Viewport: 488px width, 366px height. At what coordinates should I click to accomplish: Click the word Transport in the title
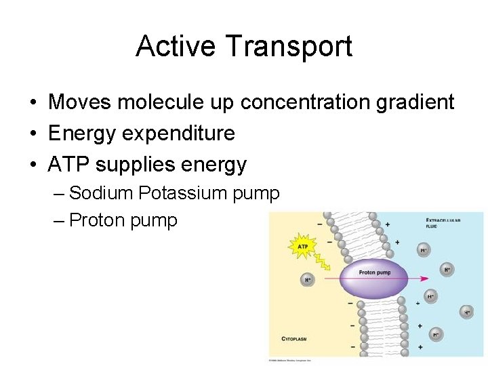[x=289, y=47]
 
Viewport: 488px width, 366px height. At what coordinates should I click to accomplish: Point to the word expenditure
[x=178, y=134]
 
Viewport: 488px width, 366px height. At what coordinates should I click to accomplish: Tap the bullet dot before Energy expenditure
[x=33, y=134]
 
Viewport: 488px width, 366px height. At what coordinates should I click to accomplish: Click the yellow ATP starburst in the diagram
[x=304, y=247]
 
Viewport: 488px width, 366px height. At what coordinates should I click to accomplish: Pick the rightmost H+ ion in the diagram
[x=467, y=312]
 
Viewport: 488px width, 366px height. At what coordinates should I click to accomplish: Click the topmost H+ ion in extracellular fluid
[x=424, y=250]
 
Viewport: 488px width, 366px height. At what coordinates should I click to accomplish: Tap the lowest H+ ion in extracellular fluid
[x=436, y=334]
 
